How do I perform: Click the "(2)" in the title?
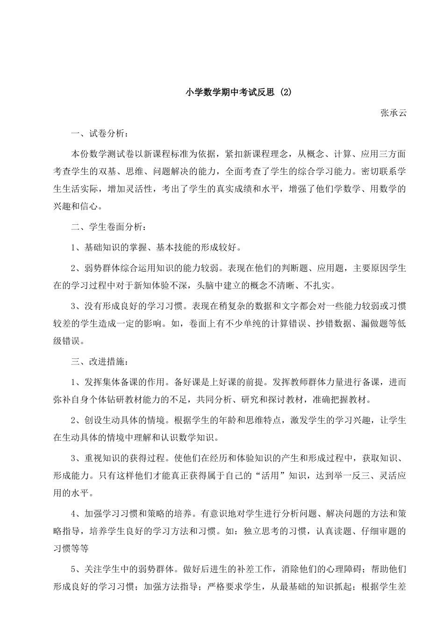pos(285,93)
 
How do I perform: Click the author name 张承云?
pos(393,113)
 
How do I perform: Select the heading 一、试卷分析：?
pos(98,133)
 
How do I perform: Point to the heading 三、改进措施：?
pos(98,361)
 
